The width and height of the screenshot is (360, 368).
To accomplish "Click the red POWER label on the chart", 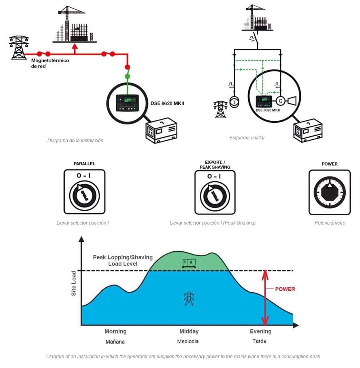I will click(x=285, y=289).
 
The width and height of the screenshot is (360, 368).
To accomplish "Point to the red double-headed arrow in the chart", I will click(x=265, y=298).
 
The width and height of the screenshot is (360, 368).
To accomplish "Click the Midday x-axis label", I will click(x=188, y=332).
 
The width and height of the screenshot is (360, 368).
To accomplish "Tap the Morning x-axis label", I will click(x=115, y=332).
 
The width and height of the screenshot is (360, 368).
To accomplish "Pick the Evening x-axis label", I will click(x=260, y=332).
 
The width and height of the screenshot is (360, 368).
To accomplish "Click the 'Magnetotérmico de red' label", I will click(x=50, y=63).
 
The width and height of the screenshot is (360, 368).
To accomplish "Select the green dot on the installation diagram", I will click(x=127, y=76).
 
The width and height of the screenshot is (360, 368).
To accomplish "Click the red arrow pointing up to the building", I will click(x=74, y=49).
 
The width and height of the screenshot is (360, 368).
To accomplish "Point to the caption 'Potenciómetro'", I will click(x=330, y=223).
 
